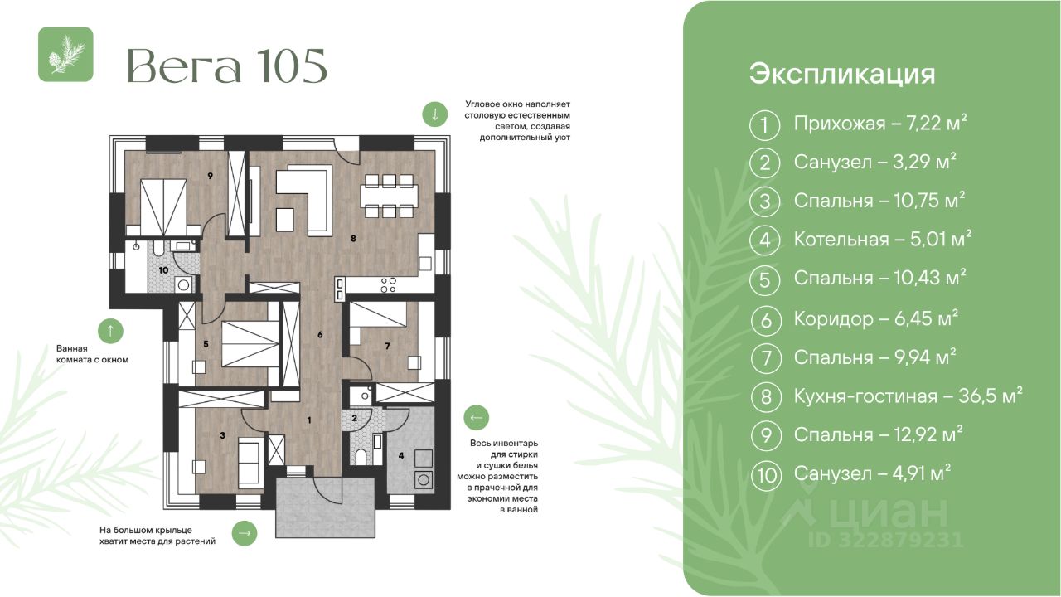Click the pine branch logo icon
click(x=65, y=55)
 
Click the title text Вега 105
click(x=227, y=66)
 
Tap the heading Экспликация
click(x=842, y=75)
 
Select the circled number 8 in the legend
click(x=766, y=396)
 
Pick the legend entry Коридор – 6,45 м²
click(x=876, y=318)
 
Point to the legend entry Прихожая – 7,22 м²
click(x=880, y=124)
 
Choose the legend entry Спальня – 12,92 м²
click(x=878, y=434)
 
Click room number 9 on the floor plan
click(x=210, y=176)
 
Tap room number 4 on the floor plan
click(x=401, y=456)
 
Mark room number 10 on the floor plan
click(x=163, y=270)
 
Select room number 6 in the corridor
click(x=320, y=335)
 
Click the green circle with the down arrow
click(x=435, y=114)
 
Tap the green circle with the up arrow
click(x=110, y=331)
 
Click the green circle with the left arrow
click(x=477, y=417)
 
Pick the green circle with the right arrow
click(x=245, y=533)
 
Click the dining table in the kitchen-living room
click(x=390, y=196)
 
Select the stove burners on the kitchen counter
click(x=389, y=284)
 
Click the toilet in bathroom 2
click(x=361, y=457)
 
